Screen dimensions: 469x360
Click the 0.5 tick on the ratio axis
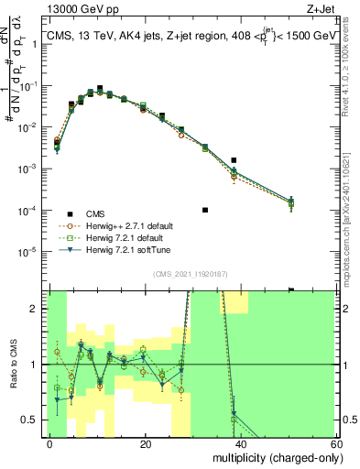tap(44, 420)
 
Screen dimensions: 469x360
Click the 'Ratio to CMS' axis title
tap(13, 365)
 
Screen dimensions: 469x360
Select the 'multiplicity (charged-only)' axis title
tap(275, 457)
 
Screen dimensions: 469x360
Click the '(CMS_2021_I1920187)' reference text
tap(190, 274)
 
